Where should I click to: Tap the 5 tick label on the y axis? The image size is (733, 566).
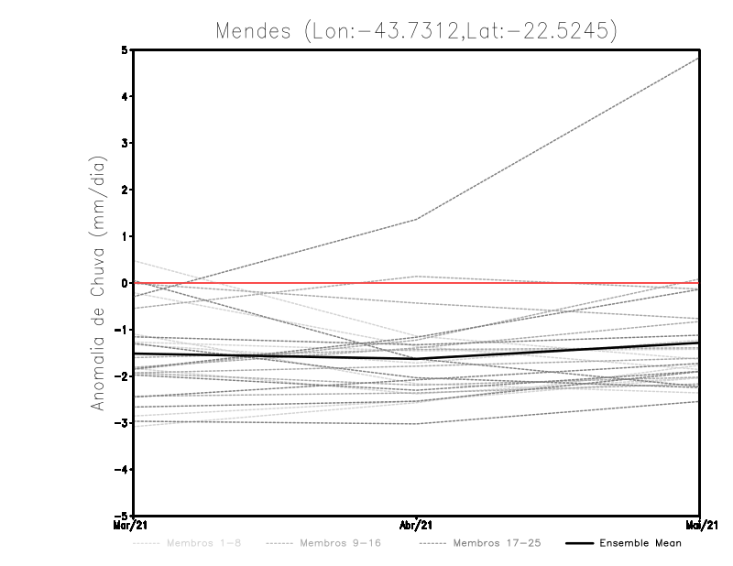click(x=124, y=49)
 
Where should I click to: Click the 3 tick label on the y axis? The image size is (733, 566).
click(x=124, y=143)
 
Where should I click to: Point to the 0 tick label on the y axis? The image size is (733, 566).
click(x=124, y=283)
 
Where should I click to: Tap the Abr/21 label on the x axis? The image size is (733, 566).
click(x=416, y=526)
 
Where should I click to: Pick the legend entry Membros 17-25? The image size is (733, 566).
click(x=497, y=543)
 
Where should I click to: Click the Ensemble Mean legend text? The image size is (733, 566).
click(x=640, y=543)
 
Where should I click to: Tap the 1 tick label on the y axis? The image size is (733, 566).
click(x=124, y=236)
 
